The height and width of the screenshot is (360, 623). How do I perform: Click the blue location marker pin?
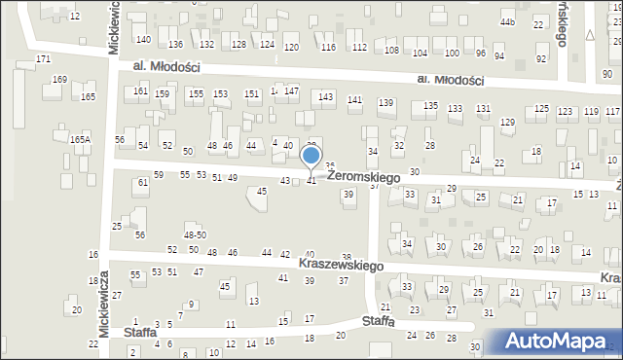[311, 157]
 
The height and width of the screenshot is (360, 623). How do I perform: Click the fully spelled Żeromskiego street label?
[364, 177]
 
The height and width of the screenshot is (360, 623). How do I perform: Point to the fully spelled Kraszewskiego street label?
[329, 265]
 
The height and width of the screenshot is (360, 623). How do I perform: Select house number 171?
[43, 59]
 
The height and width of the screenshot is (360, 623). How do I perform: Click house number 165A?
[80, 140]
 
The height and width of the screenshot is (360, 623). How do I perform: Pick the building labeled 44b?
[507, 20]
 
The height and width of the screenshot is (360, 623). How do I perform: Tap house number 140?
[143, 40]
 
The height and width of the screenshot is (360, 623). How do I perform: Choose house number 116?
[328, 48]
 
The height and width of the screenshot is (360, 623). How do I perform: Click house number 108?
[391, 51]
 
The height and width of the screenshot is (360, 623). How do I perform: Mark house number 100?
[452, 53]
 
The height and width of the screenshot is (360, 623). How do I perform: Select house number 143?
[326, 97]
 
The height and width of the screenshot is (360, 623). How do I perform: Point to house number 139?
[385, 103]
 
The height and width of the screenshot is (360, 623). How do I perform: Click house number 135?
[430, 106]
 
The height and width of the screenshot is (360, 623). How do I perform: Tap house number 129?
[507, 122]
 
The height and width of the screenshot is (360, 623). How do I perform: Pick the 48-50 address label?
[195, 234]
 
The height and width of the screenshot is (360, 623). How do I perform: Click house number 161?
[141, 90]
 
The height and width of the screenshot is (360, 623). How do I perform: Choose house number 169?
[59, 80]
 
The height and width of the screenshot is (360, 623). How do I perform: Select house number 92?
[540, 58]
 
